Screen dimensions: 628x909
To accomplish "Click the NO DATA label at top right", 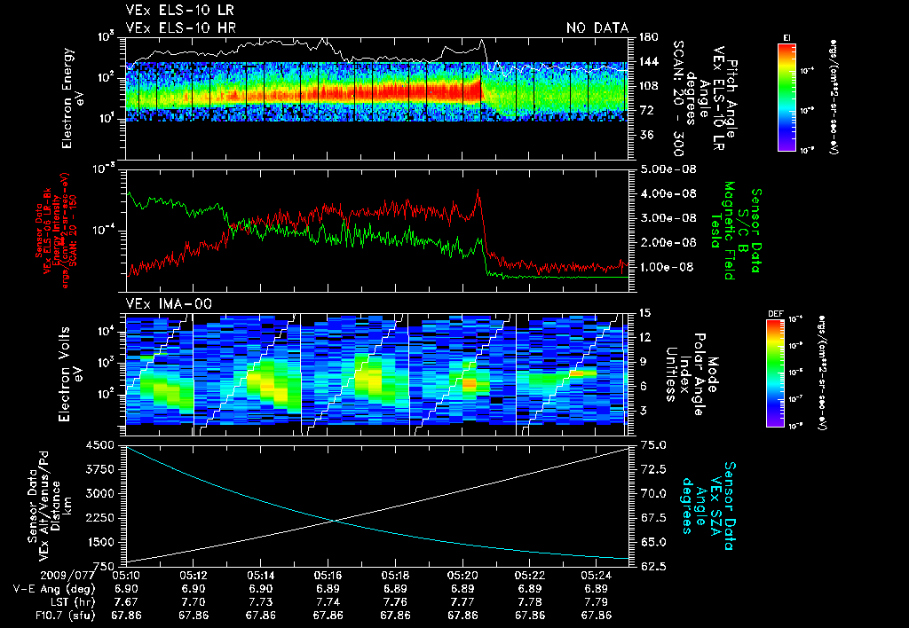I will tap(597, 28).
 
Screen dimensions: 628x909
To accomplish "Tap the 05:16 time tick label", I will tap(328, 575).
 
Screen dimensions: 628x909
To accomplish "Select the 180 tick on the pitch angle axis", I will tap(646, 37).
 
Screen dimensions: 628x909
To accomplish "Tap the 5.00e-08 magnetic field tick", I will tap(666, 169).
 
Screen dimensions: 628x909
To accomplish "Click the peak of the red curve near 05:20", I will tap(478, 189).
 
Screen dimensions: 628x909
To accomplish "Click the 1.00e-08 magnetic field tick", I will tap(666, 267).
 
